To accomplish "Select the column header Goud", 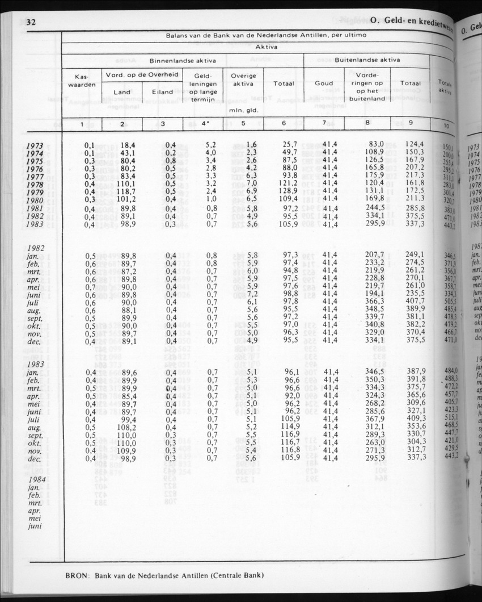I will [x=324, y=83].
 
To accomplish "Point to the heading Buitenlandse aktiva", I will [x=367, y=60].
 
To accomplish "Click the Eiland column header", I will [x=163, y=92].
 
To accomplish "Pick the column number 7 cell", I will [x=324, y=124].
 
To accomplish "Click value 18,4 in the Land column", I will [x=126, y=146].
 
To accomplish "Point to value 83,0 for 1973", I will [x=377, y=145].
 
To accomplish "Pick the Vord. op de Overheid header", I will [x=141, y=75].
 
